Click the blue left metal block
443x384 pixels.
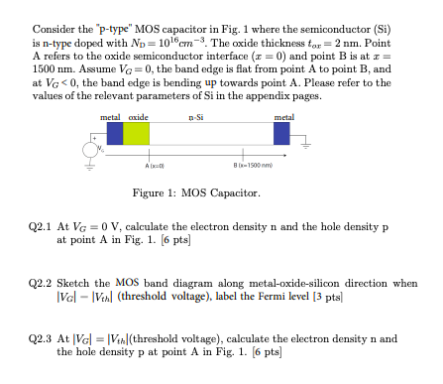[116, 133]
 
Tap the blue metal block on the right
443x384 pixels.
[283, 133]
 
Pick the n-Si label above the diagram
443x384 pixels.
[196, 117]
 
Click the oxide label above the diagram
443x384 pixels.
[138, 117]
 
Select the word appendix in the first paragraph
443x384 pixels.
[252, 97]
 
